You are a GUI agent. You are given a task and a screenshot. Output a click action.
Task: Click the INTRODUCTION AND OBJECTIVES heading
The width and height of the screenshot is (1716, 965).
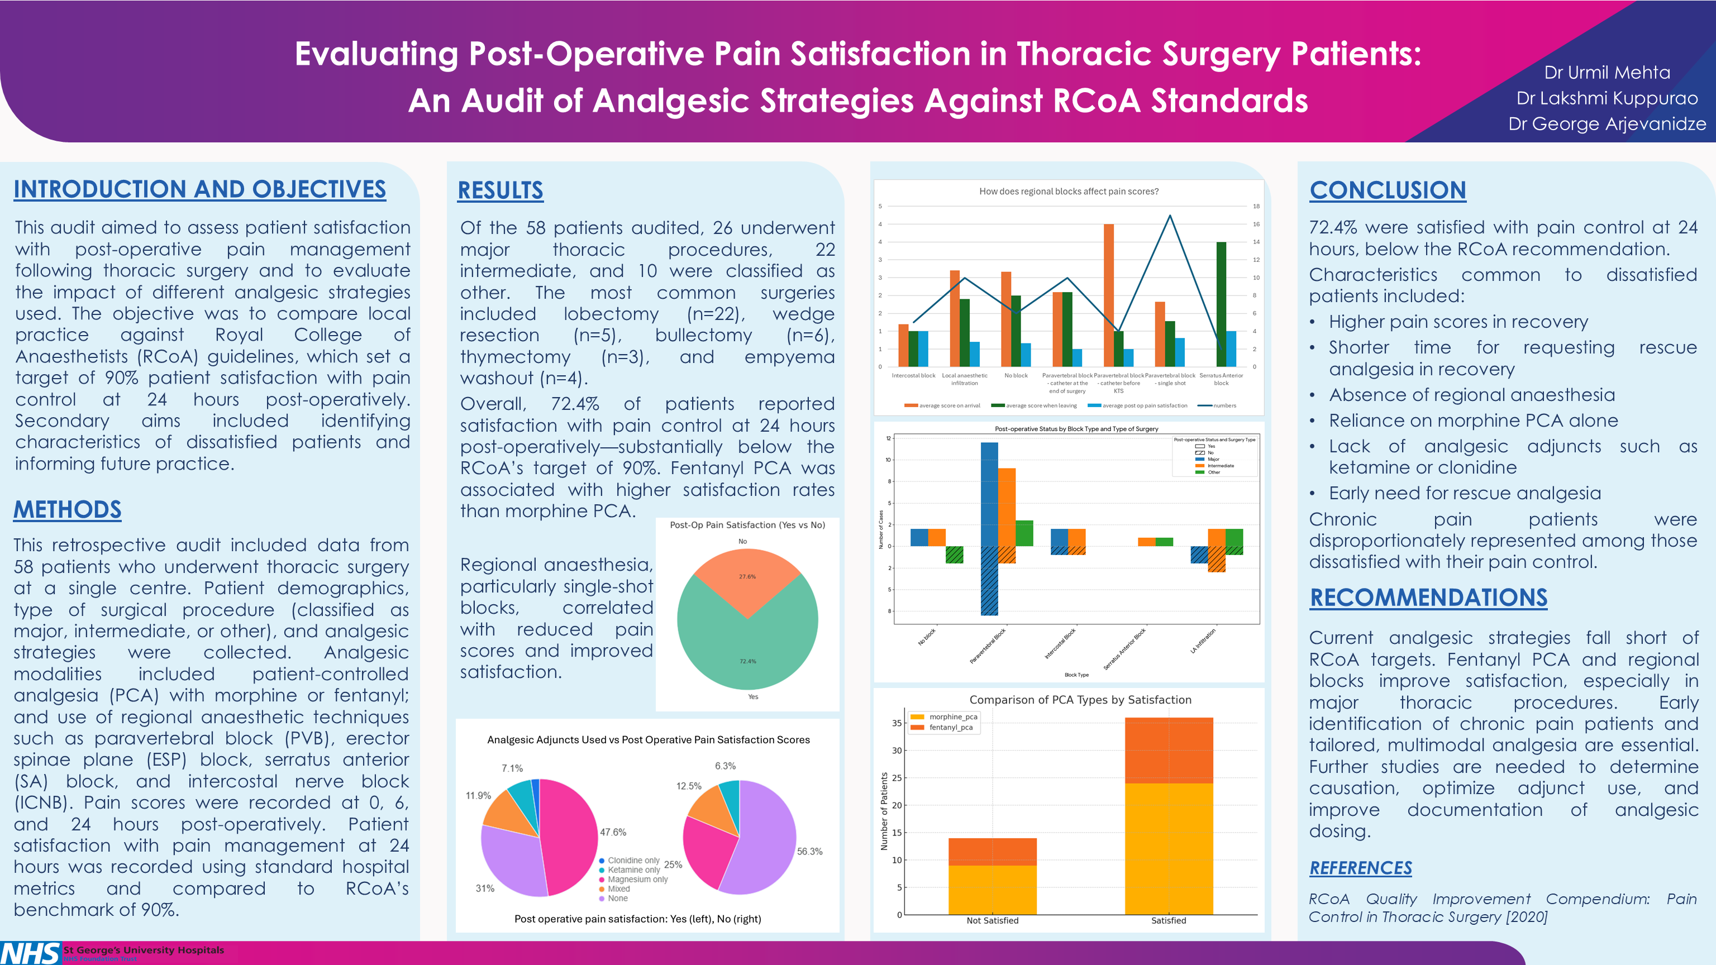(x=200, y=190)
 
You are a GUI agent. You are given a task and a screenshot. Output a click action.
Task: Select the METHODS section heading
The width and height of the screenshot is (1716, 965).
(x=67, y=510)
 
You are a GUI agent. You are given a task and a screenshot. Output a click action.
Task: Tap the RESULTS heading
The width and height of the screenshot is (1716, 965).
(x=500, y=190)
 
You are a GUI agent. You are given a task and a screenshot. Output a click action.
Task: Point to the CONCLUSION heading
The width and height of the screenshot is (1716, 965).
(x=1388, y=190)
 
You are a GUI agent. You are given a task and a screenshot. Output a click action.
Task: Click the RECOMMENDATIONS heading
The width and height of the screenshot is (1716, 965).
(x=1428, y=598)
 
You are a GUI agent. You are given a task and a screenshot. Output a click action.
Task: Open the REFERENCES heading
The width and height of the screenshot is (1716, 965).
(x=1360, y=868)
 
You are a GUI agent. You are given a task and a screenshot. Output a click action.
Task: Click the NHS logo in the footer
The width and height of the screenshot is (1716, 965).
(x=30, y=953)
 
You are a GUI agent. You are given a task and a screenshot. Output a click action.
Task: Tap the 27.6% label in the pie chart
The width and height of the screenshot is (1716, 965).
(x=747, y=577)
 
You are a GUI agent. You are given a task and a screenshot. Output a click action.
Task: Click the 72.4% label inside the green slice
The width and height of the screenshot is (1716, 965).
(x=747, y=661)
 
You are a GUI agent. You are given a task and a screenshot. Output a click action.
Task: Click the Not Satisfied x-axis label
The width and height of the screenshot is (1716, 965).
(x=992, y=920)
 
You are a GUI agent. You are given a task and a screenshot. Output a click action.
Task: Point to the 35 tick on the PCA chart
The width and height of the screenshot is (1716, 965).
(x=897, y=723)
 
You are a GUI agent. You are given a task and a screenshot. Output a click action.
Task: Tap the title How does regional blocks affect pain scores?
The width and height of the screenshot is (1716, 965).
(x=1069, y=191)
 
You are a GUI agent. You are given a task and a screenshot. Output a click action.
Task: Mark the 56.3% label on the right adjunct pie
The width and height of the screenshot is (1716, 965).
(x=809, y=851)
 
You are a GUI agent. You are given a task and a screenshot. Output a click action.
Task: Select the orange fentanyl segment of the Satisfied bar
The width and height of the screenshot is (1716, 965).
(x=1169, y=750)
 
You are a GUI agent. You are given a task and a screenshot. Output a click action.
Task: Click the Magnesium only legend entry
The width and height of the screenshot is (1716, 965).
(x=637, y=879)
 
